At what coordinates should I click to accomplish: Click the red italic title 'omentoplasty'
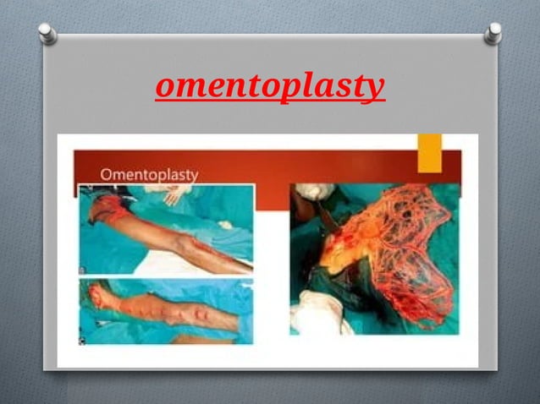tap(270, 86)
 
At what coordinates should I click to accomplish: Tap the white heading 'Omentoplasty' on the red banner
tap(149, 174)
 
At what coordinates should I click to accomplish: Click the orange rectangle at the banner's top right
tap(429, 152)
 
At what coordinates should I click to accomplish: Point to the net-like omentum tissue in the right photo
tap(398, 245)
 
